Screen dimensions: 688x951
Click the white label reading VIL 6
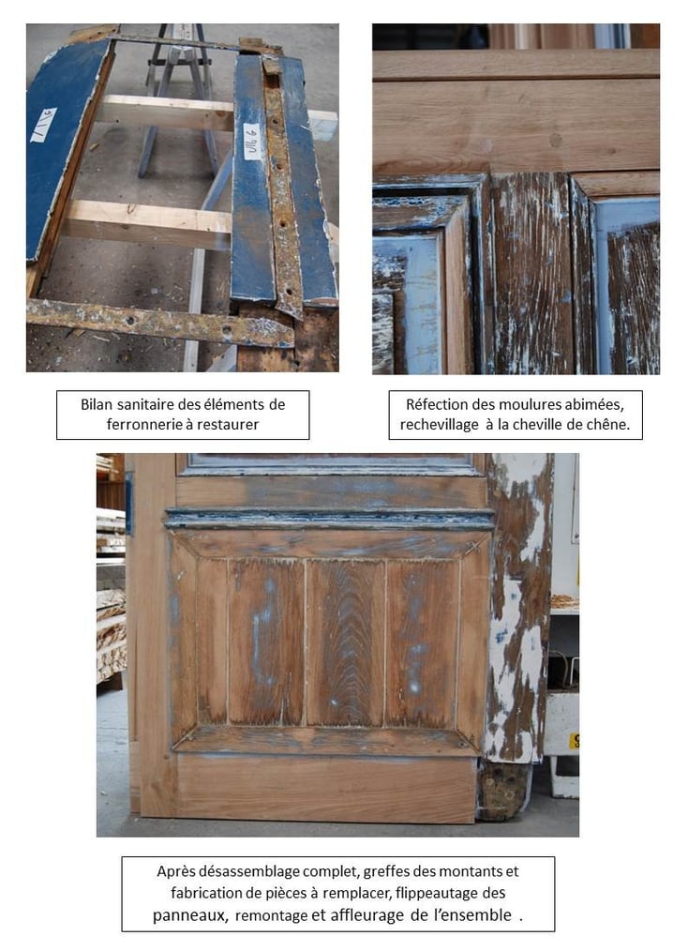tap(252, 142)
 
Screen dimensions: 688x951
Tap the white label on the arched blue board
tap(44, 126)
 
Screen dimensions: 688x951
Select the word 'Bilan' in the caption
tap(96, 404)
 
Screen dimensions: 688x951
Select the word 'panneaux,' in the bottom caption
tap(190, 915)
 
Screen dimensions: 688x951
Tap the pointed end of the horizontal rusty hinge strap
tap(292, 332)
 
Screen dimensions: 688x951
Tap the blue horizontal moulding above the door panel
tap(329, 519)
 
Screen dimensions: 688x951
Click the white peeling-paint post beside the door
tap(519, 607)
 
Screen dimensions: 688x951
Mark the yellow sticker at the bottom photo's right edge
tap(574, 741)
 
